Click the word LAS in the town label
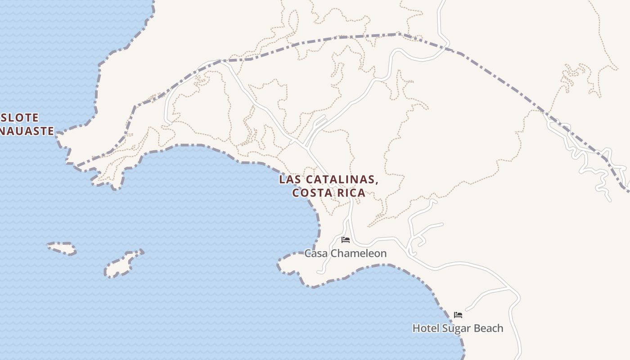point(289,180)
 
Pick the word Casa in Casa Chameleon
point(315,253)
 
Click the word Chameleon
point(358,253)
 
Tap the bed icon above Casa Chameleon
point(346,239)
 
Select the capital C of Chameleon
point(333,253)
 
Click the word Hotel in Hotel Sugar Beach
point(426,328)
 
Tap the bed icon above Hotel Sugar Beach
point(458,315)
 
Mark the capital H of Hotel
point(416,328)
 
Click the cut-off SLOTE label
point(20,118)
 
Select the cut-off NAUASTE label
point(27,131)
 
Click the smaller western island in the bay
point(62,248)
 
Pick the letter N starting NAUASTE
point(3,131)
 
